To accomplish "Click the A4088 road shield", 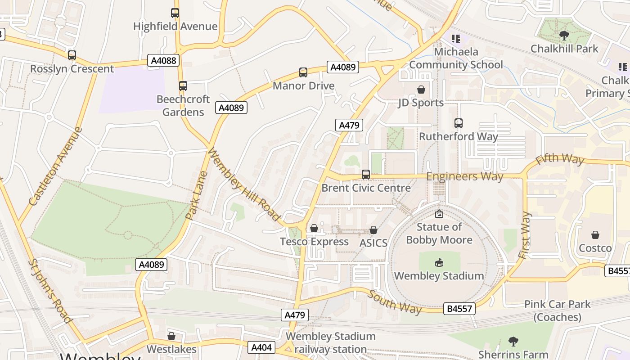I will [x=163, y=60].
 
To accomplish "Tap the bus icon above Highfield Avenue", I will [x=175, y=13].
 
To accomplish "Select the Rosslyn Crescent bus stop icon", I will [x=72, y=55].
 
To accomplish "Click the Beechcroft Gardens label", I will [x=183, y=105].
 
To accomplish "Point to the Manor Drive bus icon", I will [x=303, y=72].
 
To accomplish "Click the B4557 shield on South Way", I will [x=459, y=309].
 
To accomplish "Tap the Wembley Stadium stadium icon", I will [x=439, y=262].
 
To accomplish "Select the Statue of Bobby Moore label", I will [x=439, y=233].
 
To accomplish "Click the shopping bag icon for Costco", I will [x=595, y=235].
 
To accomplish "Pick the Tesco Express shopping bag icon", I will [x=314, y=229].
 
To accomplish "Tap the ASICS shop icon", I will [x=373, y=230].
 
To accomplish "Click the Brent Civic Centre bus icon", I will [x=366, y=174].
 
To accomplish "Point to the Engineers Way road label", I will [x=464, y=176].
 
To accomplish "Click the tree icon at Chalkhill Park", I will [x=564, y=35].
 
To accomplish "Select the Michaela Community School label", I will [x=456, y=58].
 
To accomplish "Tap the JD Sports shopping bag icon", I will [x=421, y=90].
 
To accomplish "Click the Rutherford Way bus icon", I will [x=459, y=123].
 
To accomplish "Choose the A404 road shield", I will [x=261, y=347].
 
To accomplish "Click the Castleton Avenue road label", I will [x=56, y=166].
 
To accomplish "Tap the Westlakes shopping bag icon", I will [x=171, y=336].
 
